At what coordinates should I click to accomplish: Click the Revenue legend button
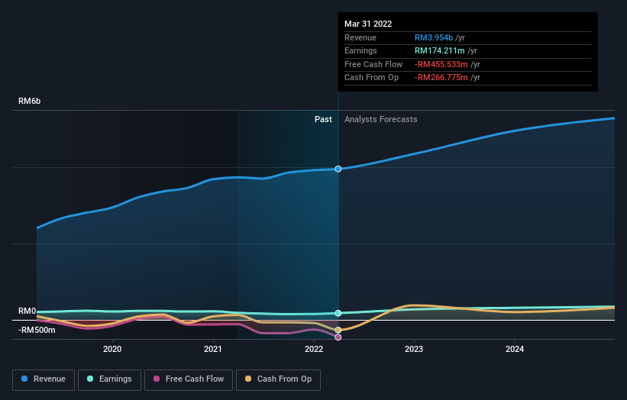click(44, 379)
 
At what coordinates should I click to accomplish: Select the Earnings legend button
click(109, 379)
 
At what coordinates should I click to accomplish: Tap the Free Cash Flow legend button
click(187, 379)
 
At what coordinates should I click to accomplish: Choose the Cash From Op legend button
click(277, 379)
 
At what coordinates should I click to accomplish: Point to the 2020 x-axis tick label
click(112, 350)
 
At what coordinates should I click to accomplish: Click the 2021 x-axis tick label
click(213, 350)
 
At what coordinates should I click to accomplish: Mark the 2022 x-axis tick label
click(314, 350)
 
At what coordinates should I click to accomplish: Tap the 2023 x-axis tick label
click(414, 350)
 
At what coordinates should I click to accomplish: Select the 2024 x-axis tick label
click(515, 350)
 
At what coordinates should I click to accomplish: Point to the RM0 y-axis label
click(27, 311)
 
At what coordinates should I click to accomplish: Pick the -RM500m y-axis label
click(37, 330)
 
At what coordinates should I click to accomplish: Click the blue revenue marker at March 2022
click(338, 169)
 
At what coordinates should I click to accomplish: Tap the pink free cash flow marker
click(338, 337)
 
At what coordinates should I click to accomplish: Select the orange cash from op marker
click(338, 330)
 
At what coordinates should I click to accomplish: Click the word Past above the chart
click(323, 119)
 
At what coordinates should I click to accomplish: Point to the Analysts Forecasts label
click(380, 119)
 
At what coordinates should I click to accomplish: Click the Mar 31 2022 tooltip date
click(368, 24)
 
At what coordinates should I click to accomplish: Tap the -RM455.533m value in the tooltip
click(441, 64)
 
